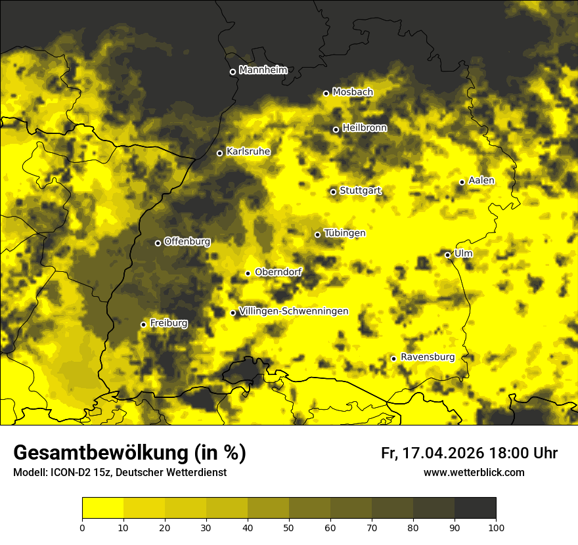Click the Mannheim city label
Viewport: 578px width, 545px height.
(x=263, y=70)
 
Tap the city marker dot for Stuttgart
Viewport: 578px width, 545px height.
(x=333, y=192)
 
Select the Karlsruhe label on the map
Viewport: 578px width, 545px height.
(x=248, y=152)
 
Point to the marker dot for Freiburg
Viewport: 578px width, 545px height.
(x=143, y=324)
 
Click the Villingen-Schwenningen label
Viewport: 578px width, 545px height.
(x=294, y=311)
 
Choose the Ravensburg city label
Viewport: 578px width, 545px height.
(x=427, y=357)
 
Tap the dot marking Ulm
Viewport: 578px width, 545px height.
(x=447, y=255)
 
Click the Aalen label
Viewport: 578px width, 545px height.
(x=481, y=181)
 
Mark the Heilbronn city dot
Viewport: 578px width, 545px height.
(x=336, y=129)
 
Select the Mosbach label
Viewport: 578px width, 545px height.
(x=352, y=93)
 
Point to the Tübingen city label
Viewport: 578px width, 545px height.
(x=344, y=233)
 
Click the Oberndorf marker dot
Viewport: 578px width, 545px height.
(x=248, y=273)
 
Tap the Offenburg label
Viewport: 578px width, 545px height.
(x=187, y=242)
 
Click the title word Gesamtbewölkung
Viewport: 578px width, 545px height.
(x=99, y=453)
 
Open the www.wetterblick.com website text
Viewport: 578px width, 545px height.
(x=474, y=472)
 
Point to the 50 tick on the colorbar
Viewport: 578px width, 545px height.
(x=289, y=527)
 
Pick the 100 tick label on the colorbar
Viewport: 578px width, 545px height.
(x=496, y=527)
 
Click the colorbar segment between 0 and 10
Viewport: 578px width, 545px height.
(x=103, y=508)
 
